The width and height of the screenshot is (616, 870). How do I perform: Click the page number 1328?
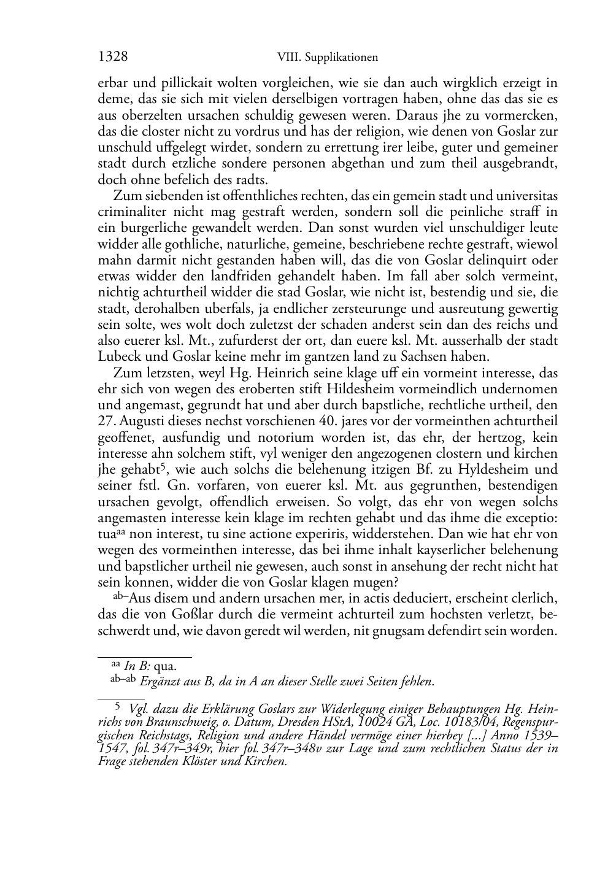click(x=113, y=57)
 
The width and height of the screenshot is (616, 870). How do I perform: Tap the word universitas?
click(x=526, y=196)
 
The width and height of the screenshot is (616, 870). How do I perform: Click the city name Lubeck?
click(x=118, y=356)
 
